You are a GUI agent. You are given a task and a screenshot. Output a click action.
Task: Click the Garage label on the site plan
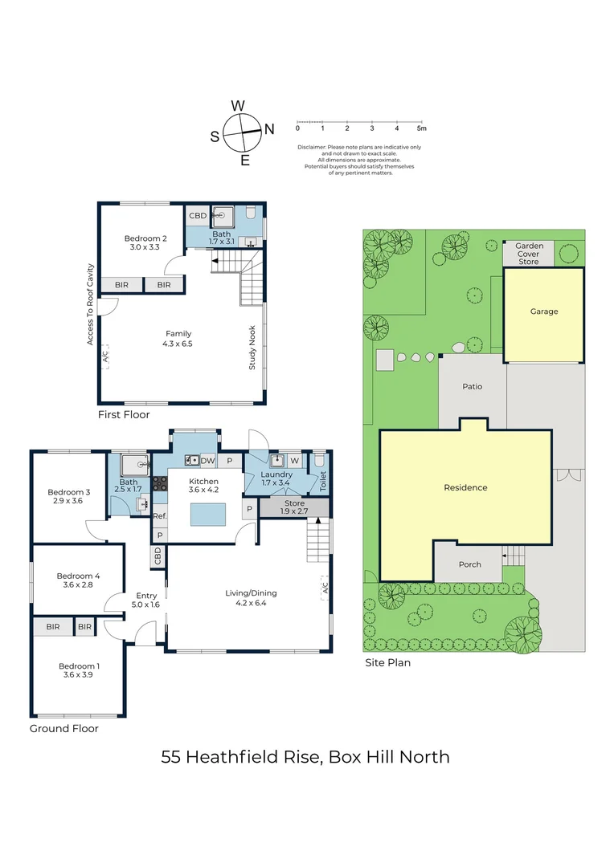click(544, 311)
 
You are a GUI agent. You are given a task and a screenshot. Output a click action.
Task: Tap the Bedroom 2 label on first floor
click(145, 238)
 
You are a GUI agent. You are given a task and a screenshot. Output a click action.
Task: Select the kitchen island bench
click(208, 515)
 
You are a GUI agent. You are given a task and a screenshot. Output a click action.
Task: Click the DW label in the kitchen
click(207, 461)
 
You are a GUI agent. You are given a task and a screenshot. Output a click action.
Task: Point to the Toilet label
click(323, 481)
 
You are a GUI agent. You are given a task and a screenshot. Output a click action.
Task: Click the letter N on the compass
click(269, 129)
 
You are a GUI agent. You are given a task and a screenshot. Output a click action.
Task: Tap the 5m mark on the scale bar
click(421, 128)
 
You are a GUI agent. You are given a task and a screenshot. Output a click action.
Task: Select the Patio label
click(473, 386)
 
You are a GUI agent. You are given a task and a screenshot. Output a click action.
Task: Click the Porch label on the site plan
click(469, 564)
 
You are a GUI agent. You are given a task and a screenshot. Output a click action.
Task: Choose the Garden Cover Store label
click(530, 254)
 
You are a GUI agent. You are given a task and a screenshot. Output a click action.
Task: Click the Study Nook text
click(252, 348)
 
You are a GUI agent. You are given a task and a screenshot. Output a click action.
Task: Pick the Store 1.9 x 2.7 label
click(294, 507)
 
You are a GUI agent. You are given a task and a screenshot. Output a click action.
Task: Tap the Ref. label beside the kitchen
click(159, 516)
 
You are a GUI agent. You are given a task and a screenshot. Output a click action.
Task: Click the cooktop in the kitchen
click(159, 483)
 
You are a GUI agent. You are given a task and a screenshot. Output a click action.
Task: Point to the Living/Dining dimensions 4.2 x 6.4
click(251, 603)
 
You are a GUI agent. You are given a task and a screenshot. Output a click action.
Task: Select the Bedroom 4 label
click(78, 576)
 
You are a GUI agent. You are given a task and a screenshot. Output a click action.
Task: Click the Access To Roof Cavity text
click(90, 305)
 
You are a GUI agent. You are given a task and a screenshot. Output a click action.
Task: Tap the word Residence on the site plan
click(465, 487)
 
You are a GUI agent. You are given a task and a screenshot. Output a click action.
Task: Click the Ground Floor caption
click(64, 728)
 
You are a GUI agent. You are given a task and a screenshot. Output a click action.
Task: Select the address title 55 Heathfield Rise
click(241, 756)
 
